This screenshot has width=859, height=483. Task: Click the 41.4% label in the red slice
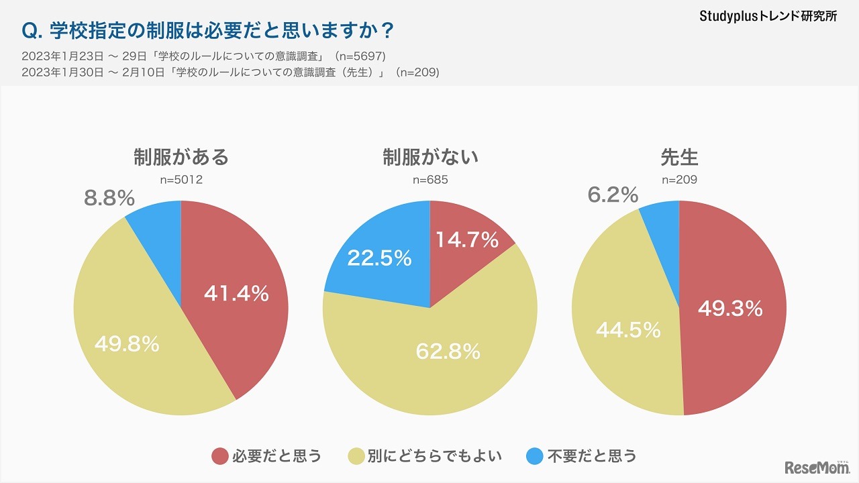[236, 293]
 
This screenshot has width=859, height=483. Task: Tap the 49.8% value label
[127, 343]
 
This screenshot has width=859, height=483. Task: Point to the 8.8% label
[109, 198]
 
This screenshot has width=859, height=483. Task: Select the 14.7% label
[467, 239]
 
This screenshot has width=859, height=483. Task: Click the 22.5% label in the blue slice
[379, 259]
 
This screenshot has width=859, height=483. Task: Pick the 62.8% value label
[448, 350]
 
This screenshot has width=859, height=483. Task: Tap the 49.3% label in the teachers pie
[730, 308]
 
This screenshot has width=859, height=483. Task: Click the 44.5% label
[628, 329]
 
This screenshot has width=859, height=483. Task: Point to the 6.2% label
[613, 195]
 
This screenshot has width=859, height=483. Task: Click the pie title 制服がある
[181, 158]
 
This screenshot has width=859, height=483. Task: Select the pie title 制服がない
[430, 158]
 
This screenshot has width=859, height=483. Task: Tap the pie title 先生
[679, 158]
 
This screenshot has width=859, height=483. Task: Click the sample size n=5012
[181, 180]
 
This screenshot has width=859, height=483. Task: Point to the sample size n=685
[430, 180]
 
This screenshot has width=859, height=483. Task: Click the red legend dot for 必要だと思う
[220, 456]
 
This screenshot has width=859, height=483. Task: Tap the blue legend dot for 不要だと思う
[534, 456]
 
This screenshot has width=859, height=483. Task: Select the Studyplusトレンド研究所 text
[768, 17]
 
